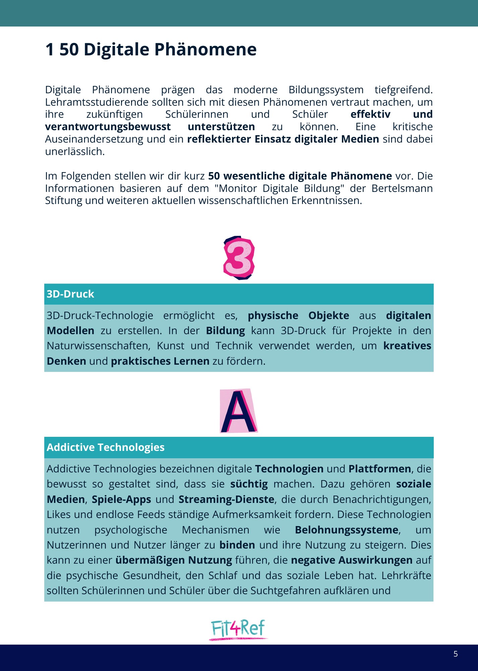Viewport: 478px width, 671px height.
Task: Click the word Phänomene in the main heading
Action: (x=205, y=50)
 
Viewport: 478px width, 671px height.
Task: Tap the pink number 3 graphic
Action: (x=239, y=258)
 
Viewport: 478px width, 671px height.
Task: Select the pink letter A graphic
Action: (x=239, y=411)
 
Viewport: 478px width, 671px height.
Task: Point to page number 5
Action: (x=456, y=654)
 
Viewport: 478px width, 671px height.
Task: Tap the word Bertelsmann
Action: (x=402, y=188)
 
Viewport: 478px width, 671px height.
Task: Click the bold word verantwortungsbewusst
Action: (x=108, y=126)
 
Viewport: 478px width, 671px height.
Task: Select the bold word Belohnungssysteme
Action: (x=347, y=530)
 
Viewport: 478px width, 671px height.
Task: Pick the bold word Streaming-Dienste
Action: (x=226, y=499)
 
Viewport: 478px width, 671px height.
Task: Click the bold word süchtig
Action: (x=249, y=484)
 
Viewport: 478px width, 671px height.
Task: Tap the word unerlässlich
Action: (x=75, y=151)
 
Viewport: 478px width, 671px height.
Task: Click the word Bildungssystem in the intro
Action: (x=326, y=90)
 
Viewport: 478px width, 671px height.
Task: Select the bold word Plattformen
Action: (x=380, y=469)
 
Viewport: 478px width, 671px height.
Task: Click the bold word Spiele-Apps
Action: (x=121, y=499)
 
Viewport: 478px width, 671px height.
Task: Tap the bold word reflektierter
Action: (x=219, y=139)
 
